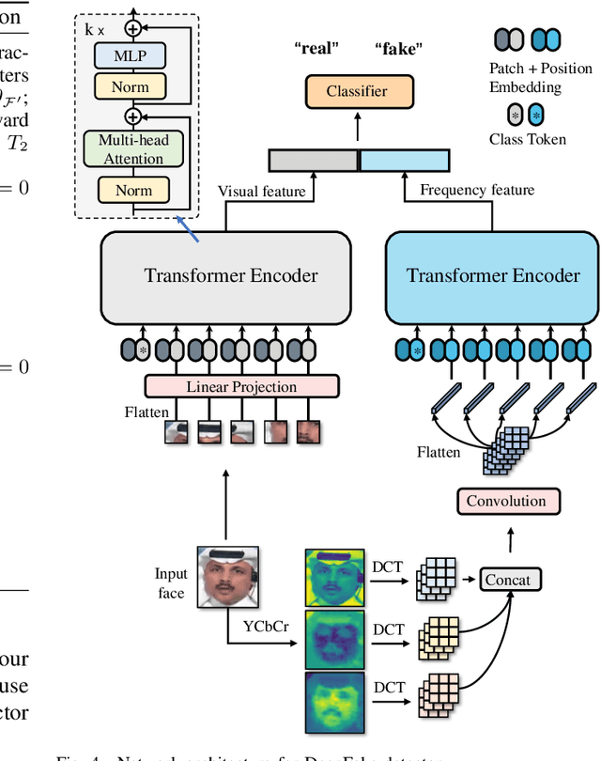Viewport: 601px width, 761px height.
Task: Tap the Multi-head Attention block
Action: pos(133,149)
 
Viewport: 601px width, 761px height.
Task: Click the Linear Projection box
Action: pos(241,386)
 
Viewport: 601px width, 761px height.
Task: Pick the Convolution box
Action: pos(507,501)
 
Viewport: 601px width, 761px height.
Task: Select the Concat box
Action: pos(507,580)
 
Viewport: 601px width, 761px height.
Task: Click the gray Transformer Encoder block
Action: pos(225,274)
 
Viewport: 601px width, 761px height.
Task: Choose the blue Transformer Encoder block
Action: pos(493,274)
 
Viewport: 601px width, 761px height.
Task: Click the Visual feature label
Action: pos(262,191)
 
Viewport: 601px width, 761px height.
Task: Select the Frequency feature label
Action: pos(477,190)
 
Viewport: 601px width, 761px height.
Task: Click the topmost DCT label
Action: pos(389,567)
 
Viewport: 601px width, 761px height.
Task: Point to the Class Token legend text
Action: pos(527,139)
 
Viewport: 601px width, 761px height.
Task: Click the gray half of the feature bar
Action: pos(313,160)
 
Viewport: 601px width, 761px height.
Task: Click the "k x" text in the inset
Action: pos(94,29)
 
